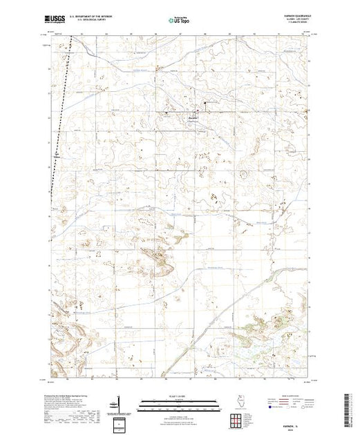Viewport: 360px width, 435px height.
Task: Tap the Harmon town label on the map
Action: [x=195, y=117]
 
